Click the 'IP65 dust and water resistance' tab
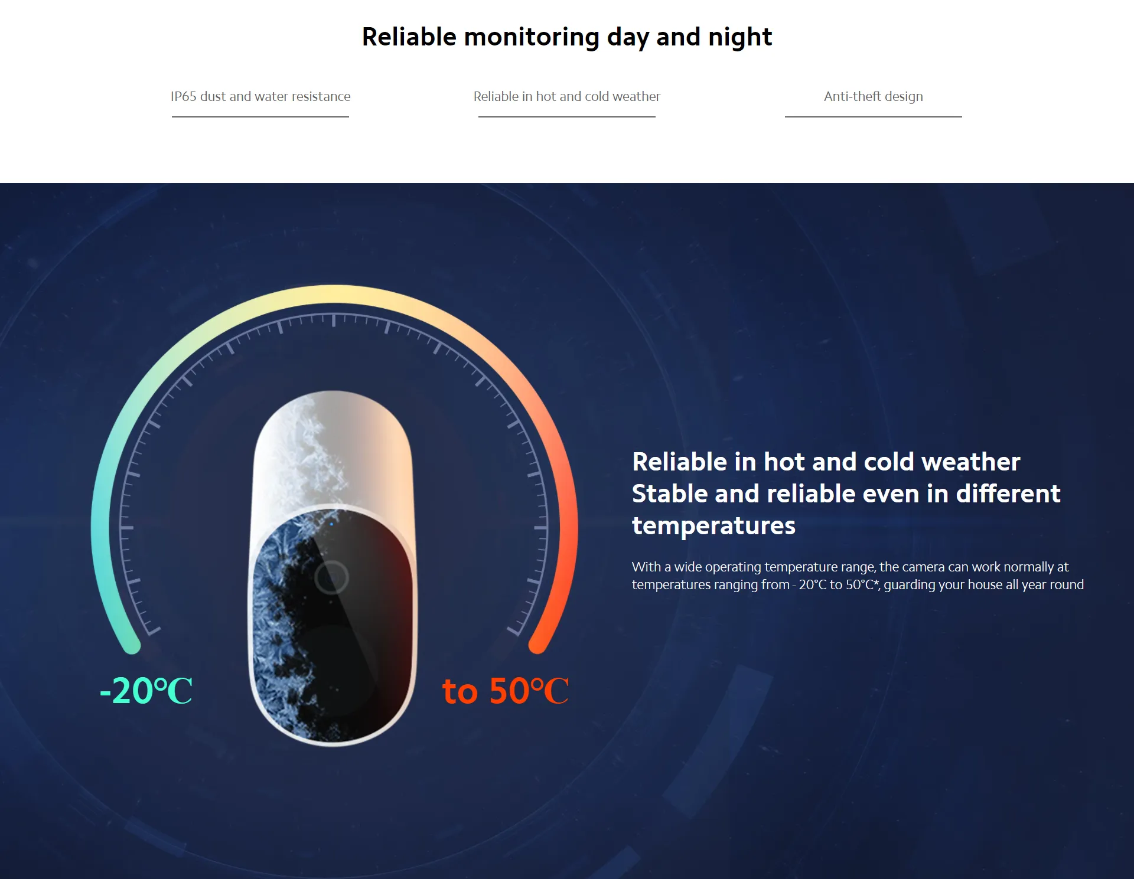click(260, 96)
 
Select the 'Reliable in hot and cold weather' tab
click(567, 96)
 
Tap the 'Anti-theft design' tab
click(873, 96)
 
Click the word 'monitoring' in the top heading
click(532, 37)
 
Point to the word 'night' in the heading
click(740, 37)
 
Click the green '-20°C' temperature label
click(146, 690)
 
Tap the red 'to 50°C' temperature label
click(506, 690)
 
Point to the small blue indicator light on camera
click(331, 524)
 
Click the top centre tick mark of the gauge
click(334, 321)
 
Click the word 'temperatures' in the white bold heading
click(713, 526)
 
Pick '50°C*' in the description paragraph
click(862, 584)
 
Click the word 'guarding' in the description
click(909, 585)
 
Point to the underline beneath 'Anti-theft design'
click(873, 117)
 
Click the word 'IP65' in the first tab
click(183, 96)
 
